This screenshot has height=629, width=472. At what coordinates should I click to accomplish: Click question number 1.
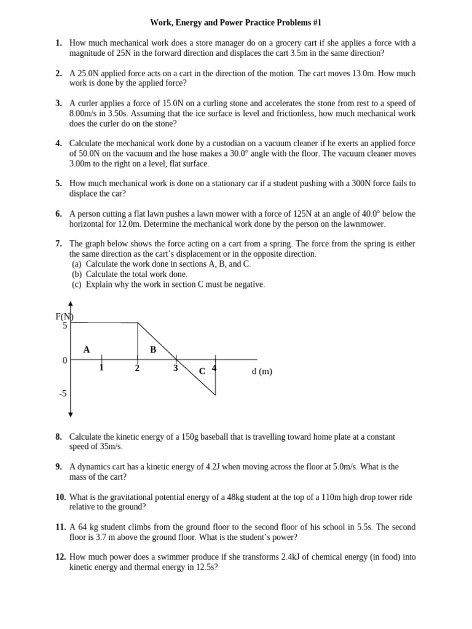pos(58,43)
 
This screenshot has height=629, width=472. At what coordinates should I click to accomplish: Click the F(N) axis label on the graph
pos(65,316)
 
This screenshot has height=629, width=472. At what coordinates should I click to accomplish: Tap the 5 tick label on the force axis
pos(65,326)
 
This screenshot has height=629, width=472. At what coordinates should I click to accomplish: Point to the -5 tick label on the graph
pos(63,393)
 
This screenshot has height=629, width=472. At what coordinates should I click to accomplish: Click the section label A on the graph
pos(87,350)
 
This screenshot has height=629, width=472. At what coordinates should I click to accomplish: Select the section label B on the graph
pos(153,350)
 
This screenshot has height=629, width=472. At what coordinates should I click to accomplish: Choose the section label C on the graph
pos(202,372)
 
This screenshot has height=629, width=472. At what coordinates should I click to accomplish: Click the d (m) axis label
pos(262,371)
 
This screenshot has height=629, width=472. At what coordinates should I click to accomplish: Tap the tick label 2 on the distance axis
pos(137,369)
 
